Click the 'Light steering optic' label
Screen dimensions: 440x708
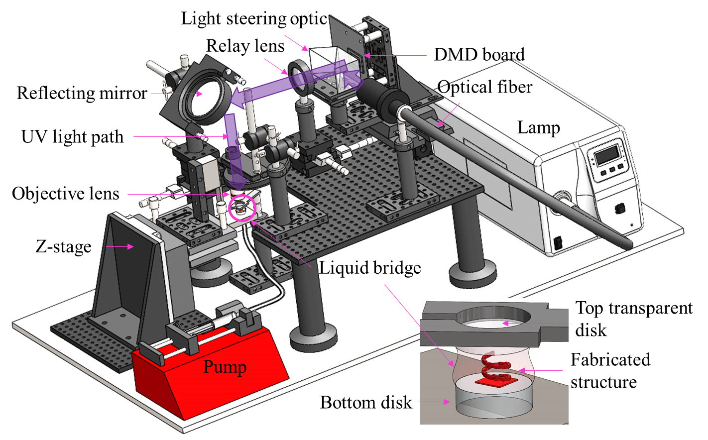254,19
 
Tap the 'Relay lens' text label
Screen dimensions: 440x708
245,46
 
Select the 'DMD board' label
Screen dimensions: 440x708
479,54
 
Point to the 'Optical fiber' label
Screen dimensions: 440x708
484,87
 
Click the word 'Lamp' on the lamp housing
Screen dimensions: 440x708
538,127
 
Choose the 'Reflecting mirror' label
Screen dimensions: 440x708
82,93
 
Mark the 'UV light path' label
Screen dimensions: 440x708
72,137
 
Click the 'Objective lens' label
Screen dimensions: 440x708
66,194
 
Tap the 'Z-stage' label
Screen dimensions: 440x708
63,246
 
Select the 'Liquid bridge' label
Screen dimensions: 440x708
370,268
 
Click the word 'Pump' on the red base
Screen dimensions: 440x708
225,367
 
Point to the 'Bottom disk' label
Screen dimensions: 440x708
366,402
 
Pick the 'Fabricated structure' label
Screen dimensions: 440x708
610,371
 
